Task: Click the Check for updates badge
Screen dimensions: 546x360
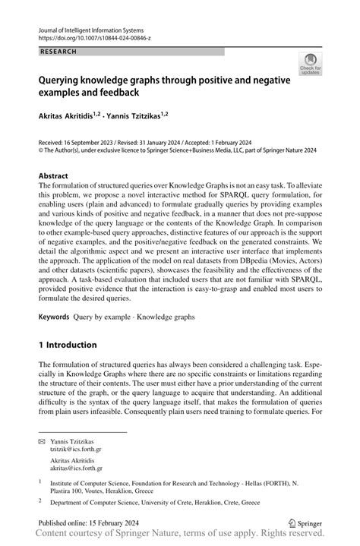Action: click(x=310, y=64)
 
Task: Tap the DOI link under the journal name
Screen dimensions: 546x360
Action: click(x=90, y=36)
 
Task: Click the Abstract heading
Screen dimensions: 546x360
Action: click(x=58, y=175)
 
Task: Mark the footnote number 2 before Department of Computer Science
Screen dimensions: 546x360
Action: click(x=41, y=501)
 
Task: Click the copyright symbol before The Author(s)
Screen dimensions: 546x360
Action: click(x=42, y=150)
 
